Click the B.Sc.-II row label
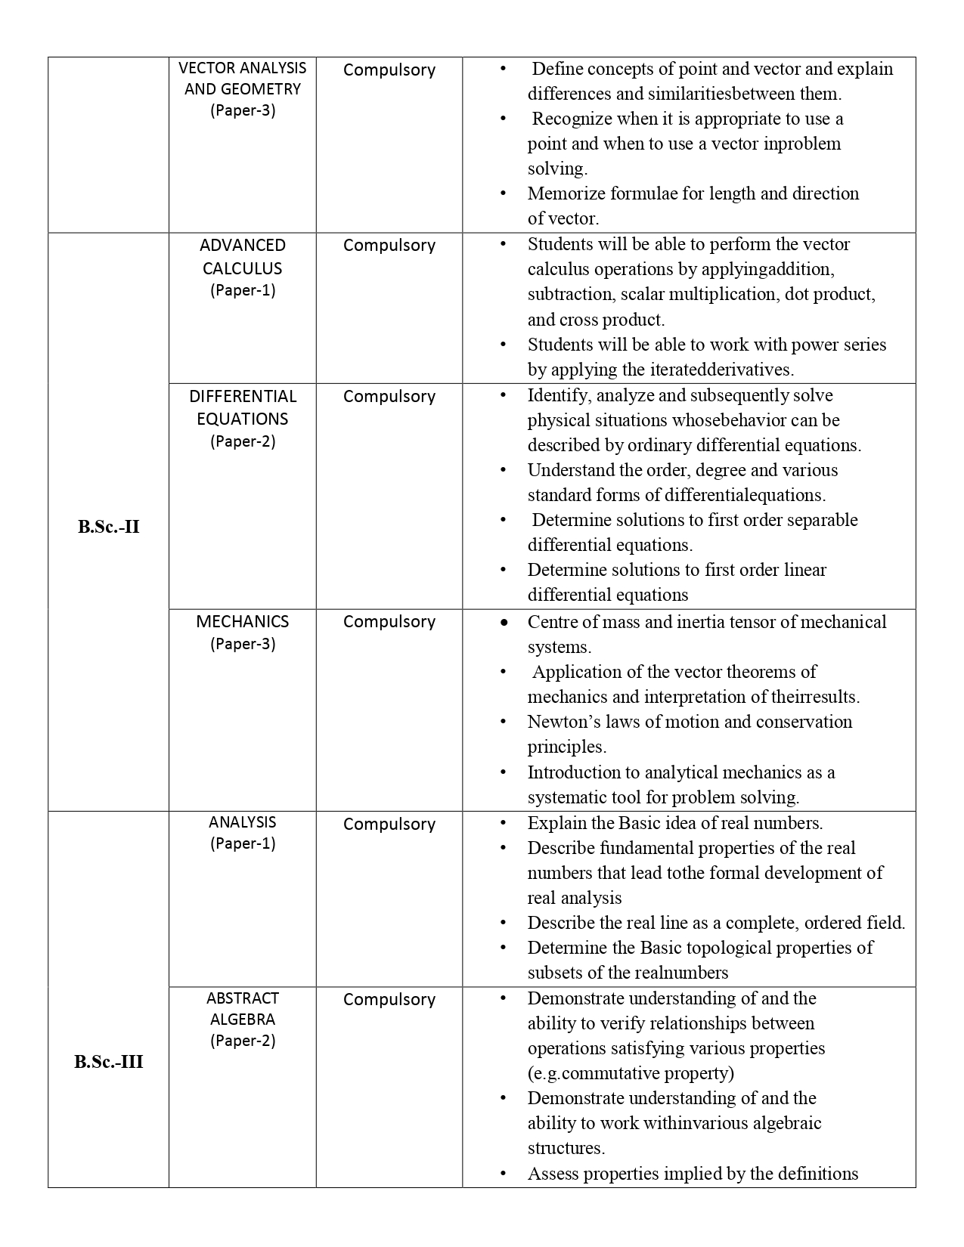(x=108, y=527)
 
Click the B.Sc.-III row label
(x=108, y=1062)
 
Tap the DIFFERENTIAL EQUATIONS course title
(x=242, y=407)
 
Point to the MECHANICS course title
(x=242, y=621)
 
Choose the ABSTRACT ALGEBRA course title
(x=242, y=1008)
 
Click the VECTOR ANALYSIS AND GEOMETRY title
(x=242, y=79)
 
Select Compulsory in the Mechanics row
(x=389, y=621)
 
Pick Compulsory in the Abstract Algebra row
(x=389, y=999)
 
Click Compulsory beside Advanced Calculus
(x=389, y=245)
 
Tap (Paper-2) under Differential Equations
(x=242, y=441)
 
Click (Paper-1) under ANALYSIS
(x=242, y=843)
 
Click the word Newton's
(x=558, y=722)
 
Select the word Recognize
(x=572, y=119)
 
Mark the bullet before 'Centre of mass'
(x=504, y=623)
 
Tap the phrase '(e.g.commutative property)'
(x=631, y=1073)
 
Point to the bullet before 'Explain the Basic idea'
(x=504, y=823)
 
